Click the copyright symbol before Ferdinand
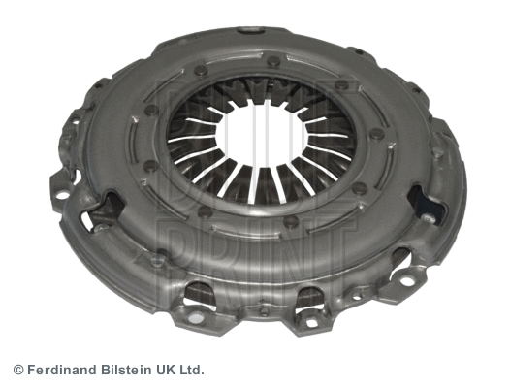click(17, 370)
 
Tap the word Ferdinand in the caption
click(59, 370)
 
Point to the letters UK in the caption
click(165, 370)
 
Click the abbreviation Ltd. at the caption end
click(192, 370)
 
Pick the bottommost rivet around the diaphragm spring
click(289, 222)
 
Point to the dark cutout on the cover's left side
click(107, 209)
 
